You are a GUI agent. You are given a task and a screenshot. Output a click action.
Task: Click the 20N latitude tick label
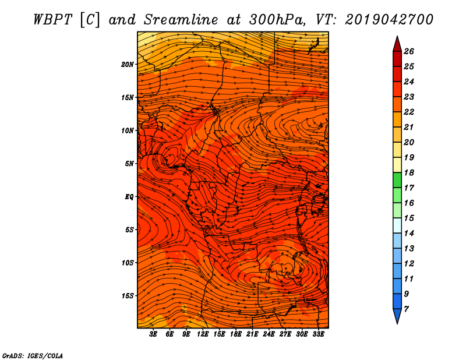(x=127, y=64)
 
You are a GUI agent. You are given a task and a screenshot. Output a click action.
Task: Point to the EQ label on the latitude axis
(x=129, y=196)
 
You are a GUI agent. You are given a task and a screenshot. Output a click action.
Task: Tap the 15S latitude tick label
(x=128, y=296)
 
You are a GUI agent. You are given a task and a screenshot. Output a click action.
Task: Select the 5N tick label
(x=129, y=164)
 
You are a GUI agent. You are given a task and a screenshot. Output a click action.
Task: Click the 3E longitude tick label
(x=153, y=334)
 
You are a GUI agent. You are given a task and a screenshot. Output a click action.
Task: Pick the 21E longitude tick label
(x=252, y=334)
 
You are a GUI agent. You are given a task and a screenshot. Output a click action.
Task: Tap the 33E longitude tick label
(x=318, y=334)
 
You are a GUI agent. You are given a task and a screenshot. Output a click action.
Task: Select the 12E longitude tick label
(x=202, y=334)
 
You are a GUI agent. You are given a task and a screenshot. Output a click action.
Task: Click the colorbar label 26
(x=409, y=51)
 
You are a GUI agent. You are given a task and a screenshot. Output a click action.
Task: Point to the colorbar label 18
(x=409, y=172)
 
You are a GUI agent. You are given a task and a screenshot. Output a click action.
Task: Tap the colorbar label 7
(x=406, y=309)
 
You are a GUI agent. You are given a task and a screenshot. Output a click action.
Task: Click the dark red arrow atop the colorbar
(x=397, y=44)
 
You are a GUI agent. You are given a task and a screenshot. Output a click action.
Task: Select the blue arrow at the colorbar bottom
(x=397, y=316)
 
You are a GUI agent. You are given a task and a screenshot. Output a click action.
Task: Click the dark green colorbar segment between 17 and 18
(x=397, y=180)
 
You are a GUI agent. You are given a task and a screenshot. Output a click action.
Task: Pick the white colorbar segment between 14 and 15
(x=397, y=225)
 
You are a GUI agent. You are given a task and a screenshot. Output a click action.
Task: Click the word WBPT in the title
(x=52, y=20)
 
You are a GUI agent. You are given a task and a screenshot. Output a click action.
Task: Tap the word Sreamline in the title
(x=181, y=20)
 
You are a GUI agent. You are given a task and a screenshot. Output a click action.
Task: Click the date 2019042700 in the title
(x=389, y=20)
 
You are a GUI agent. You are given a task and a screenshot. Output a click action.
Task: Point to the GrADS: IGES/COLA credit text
(x=33, y=355)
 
